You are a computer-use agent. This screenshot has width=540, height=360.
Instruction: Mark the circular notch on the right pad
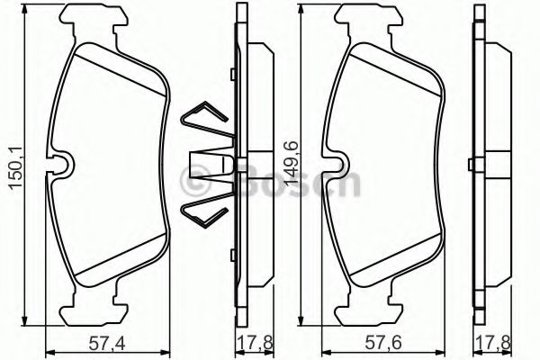click(x=338, y=164)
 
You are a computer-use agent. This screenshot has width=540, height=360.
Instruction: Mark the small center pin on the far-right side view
click(x=471, y=165)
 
